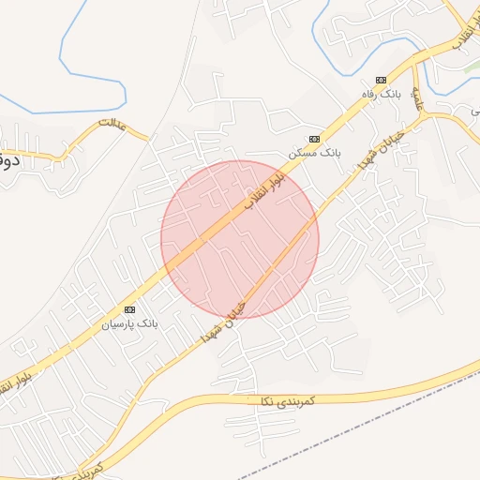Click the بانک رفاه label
(x=382, y=96)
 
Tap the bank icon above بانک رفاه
(x=381, y=80)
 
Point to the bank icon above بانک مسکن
(x=315, y=137)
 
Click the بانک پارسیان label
(x=131, y=323)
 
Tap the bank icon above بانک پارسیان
(x=129, y=309)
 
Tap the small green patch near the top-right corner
(x=467, y=70)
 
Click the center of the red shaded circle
(x=240, y=239)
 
